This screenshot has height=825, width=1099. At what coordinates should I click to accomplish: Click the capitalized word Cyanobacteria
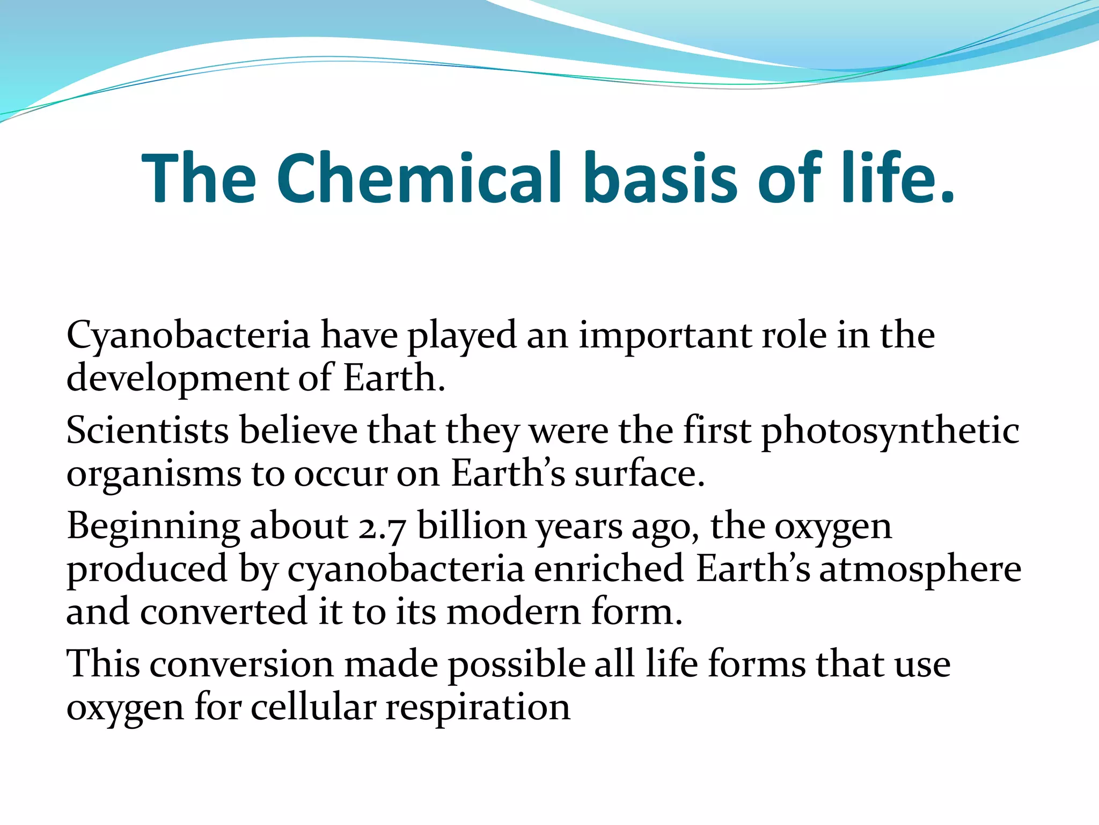(x=188, y=336)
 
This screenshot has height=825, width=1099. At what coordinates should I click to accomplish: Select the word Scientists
(x=148, y=431)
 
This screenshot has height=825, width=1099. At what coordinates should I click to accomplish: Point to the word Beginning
(x=153, y=526)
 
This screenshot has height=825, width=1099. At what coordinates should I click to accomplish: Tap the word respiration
(x=478, y=708)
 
